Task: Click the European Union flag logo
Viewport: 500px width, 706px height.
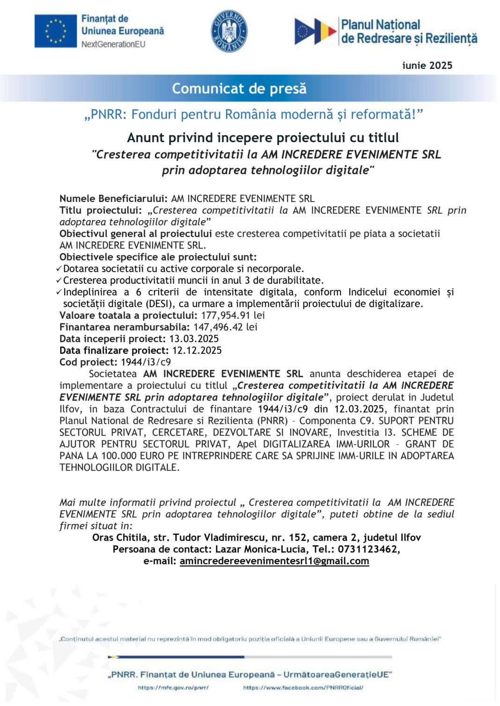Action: click(55, 31)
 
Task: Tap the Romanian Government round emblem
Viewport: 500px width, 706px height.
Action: click(229, 31)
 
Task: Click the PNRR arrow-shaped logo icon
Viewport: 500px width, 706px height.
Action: click(315, 31)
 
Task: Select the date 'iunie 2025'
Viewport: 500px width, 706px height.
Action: click(427, 65)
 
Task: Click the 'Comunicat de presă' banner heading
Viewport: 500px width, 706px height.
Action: click(239, 88)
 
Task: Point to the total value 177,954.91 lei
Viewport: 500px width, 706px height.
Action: click(233, 316)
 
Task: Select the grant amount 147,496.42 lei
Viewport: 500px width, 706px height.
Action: click(225, 327)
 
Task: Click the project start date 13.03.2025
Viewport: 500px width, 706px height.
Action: click(194, 339)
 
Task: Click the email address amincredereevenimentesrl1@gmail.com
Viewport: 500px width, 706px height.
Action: click(274, 561)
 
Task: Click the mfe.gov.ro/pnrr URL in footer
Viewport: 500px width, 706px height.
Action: click(173, 688)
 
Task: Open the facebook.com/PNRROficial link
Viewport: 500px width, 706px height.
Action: click(303, 688)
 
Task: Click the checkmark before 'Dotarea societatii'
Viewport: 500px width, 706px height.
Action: click(59, 269)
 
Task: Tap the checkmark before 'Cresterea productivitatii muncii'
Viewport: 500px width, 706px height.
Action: click(59, 281)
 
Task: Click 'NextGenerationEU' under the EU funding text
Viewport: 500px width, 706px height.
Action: click(113, 44)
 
